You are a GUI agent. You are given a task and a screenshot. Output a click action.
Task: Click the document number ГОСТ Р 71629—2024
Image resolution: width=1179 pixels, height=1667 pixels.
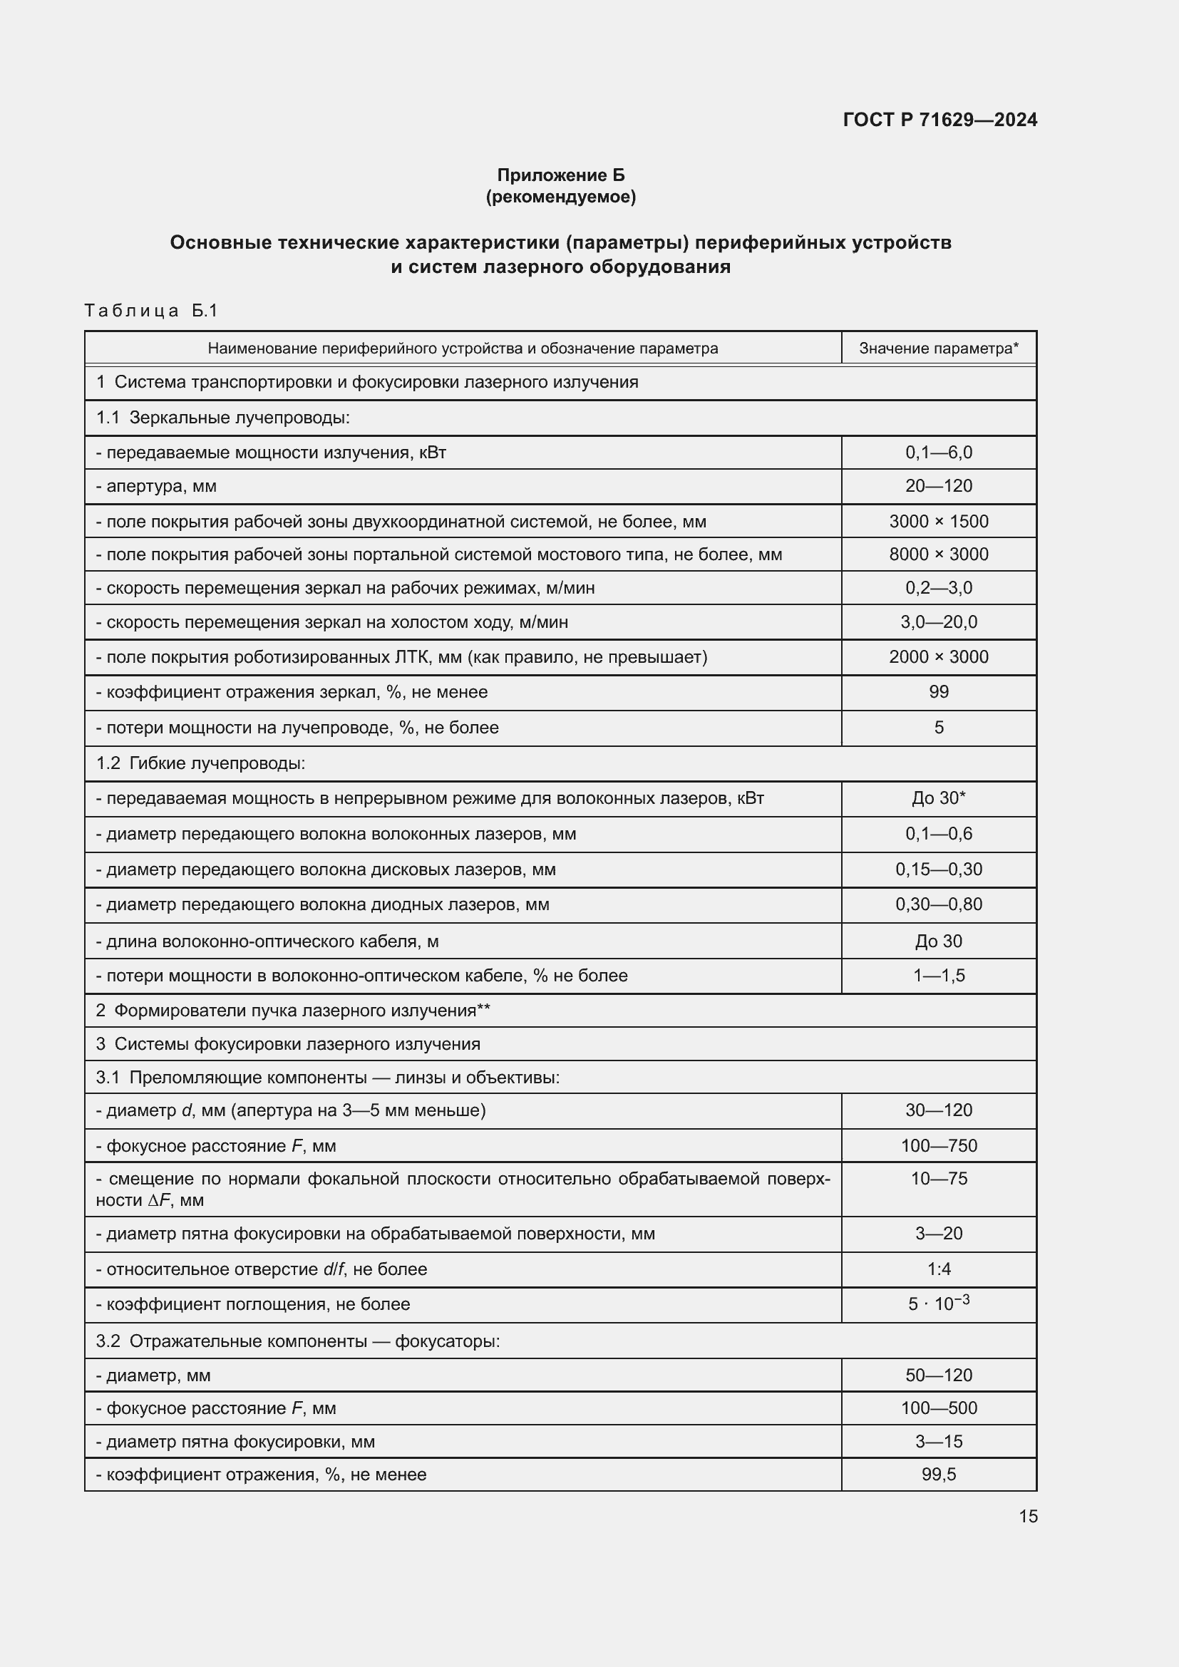click(x=939, y=120)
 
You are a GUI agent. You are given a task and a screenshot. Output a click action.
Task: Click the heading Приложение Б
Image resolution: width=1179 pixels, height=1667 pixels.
click(x=560, y=175)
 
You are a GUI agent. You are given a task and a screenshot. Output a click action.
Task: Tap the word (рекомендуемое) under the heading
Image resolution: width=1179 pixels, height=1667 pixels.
click(x=560, y=197)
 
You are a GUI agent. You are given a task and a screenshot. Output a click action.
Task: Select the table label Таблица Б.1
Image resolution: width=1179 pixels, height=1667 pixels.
click(x=151, y=311)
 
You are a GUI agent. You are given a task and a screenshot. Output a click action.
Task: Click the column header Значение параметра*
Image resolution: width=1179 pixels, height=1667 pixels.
click(x=938, y=349)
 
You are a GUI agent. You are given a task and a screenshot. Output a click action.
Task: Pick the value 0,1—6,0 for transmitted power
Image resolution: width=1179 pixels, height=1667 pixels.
click(x=938, y=453)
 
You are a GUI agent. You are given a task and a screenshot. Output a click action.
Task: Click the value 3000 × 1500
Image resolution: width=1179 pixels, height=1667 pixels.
click(x=938, y=521)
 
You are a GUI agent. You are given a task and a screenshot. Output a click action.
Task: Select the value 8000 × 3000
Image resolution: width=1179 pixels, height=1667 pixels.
click(x=938, y=554)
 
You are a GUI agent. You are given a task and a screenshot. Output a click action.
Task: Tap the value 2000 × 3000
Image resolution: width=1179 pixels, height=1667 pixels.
click(x=938, y=657)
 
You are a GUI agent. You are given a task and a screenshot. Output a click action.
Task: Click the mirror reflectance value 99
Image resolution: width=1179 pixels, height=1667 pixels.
click(x=938, y=692)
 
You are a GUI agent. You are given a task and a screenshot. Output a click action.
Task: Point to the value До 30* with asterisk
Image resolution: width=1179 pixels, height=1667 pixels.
click(x=938, y=799)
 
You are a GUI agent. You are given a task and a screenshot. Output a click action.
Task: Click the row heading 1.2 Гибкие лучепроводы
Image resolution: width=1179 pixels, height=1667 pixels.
click(x=200, y=763)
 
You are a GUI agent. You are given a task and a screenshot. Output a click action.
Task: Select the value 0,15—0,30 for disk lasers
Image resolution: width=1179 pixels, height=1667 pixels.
click(x=938, y=869)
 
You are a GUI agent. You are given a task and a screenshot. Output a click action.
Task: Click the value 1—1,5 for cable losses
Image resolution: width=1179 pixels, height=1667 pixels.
click(x=938, y=976)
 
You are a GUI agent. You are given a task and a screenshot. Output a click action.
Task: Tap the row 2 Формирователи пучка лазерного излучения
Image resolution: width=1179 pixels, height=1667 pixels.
click(x=293, y=1010)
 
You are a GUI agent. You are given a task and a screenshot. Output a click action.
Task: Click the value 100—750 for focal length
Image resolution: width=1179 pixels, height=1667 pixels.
click(x=938, y=1146)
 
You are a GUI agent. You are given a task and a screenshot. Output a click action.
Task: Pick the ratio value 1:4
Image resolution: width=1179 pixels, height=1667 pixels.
click(x=938, y=1269)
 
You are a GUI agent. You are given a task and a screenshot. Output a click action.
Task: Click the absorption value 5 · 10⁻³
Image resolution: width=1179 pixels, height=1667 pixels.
click(x=938, y=1304)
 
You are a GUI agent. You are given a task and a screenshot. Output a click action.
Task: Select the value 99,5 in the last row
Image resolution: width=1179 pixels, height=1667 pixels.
click(x=938, y=1475)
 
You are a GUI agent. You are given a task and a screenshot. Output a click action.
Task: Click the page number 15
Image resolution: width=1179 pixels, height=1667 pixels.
click(x=1027, y=1517)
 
